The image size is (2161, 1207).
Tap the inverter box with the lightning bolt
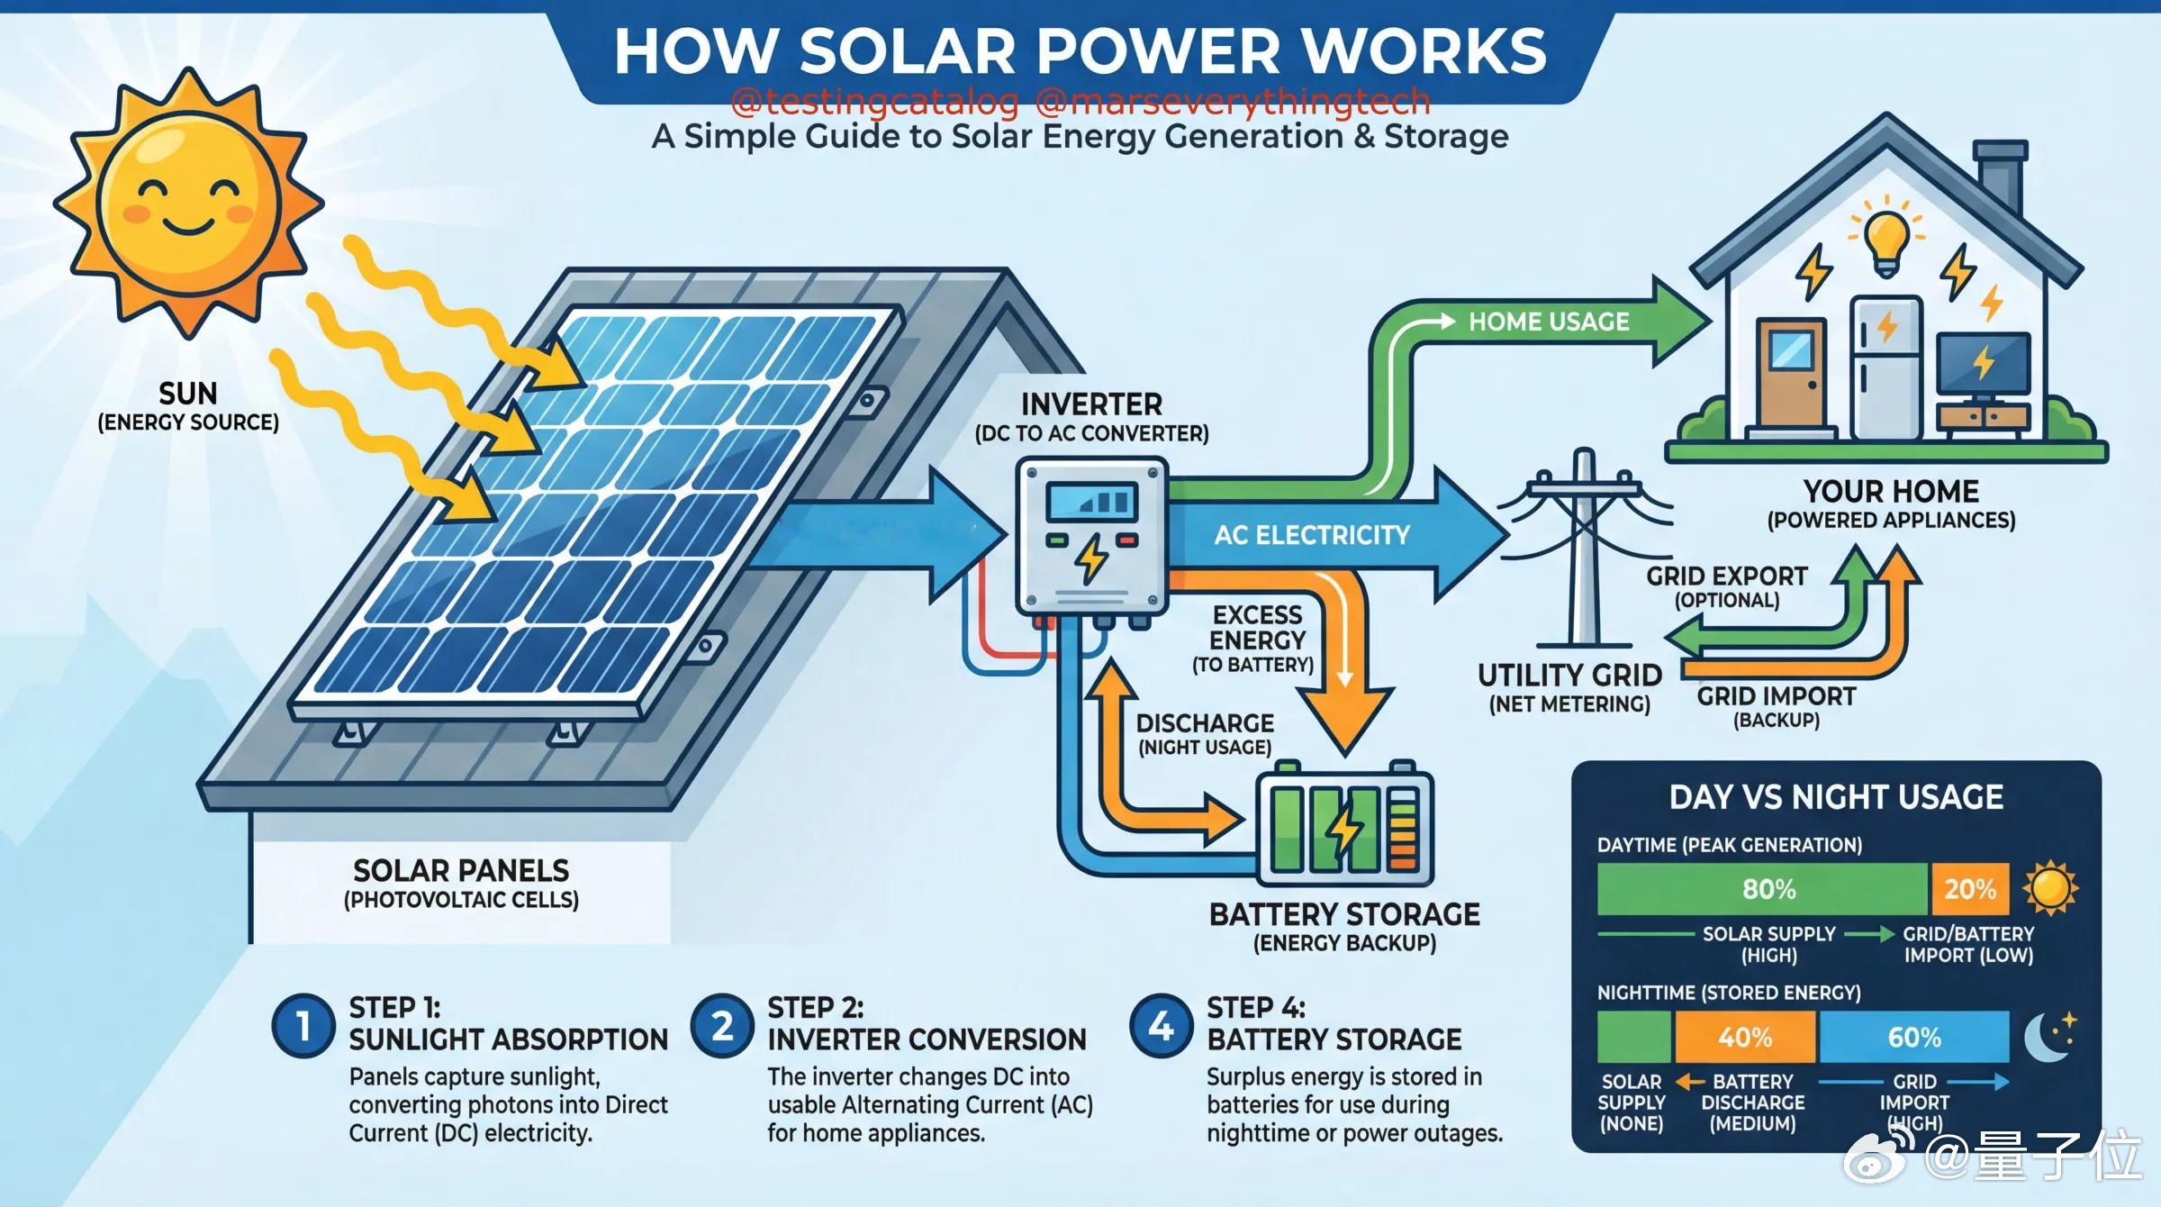pyautogui.click(x=1092, y=537)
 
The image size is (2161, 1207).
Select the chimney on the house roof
pyautogui.click(x=1999, y=175)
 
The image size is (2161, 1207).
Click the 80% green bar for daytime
pyautogui.click(x=1763, y=889)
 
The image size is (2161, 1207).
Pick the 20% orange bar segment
pyautogui.click(x=1970, y=889)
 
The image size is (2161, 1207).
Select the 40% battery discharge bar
pyautogui.click(x=1745, y=1037)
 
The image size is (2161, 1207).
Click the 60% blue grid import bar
pyautogui.click(x=1914, y=1037)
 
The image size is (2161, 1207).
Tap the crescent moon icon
pyautogui.click(x=2046, y=1039)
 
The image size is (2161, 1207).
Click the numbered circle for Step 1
pyautogui.click(x=303, y=1026)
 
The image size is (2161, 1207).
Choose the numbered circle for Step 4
pyautogui.click(x=1161, y=1026)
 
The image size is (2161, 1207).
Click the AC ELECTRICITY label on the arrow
pyautogui.click(x=1312, y=535)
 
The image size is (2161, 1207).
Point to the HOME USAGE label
pyautogui.click(x=1549, y=322)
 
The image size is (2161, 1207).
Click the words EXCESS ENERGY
pyautogui.click(x=1257, y=628)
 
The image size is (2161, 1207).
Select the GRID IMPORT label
pyautogui.click(x=1777, y=696)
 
